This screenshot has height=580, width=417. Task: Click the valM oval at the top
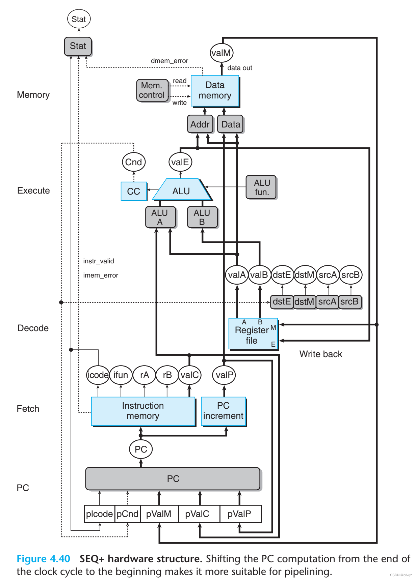(x=221, y=53)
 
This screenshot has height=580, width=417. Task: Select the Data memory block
(x=215, y=90)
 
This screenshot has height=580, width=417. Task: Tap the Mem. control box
(x=152, y=90)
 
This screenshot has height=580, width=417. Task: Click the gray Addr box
(x=200, y=124)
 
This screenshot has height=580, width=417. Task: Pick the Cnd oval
(x=134, y=162)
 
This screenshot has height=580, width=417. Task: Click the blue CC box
(x=134, y=191)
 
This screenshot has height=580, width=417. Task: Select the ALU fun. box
(x=261, y=187)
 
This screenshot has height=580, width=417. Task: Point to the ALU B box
(x=202, y=217)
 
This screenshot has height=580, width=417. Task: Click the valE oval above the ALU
(x=180, y=162)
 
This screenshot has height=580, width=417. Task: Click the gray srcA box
(x=327, y=301)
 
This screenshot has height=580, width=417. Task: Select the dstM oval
(x=305, y=275)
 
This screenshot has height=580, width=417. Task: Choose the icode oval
(x=98, y=375)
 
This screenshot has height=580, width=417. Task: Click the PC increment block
(x=223, y=411)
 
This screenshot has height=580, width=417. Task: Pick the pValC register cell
(x=198, y=514)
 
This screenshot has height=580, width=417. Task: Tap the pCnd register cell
(x=128, y=514)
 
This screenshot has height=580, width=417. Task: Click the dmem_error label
(x=170, y=61)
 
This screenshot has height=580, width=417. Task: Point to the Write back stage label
(x=321, y=354)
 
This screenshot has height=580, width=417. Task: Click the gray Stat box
(x=78, y=46)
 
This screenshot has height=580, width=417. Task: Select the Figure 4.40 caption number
(x=44, y=559)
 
